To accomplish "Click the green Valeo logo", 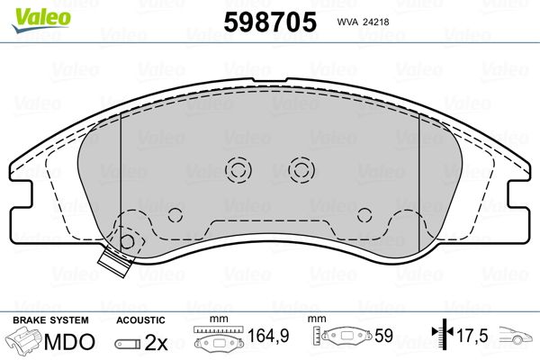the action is [x=41, y=20].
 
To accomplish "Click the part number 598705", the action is [x=270, y=22].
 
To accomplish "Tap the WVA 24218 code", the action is [x=363, y=22].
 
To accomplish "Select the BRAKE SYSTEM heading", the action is [x=50, y=320].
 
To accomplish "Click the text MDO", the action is [x=69, y=342].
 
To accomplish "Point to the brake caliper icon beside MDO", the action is [x=24, y=340].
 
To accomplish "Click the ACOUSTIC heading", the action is [x=140, y=320].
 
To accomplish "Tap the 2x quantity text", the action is [x=156, y=342].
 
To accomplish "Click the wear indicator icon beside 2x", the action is [x=128, y=344].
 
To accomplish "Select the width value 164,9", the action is [x=268, y=336].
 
